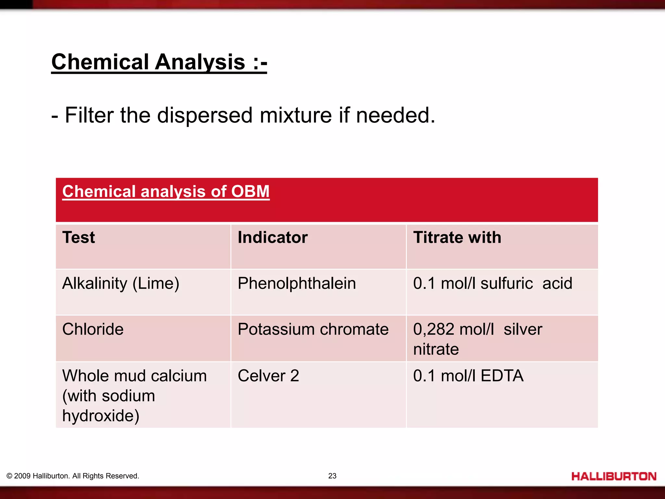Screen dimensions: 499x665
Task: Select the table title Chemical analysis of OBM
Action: (x=166, y=191)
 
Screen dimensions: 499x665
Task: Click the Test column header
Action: (x=79, y=237)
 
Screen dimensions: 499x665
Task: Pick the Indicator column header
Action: (x=272, y=237)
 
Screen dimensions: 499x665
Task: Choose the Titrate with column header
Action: (x=457, y=237)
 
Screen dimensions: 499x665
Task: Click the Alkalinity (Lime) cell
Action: (x=120, y=283)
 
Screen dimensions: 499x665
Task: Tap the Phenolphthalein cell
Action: (x=296, y=283)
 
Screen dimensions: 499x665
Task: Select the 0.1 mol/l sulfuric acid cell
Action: (x=492, y=283)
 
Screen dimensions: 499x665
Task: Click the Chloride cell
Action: (x=93, y=329)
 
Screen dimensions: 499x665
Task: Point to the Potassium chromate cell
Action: (x=313, y=329)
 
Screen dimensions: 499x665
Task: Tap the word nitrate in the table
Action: (x=436, y=349)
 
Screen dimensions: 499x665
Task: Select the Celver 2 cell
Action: (x=268, y=376)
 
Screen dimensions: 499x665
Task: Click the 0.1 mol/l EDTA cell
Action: (x=468, y=376)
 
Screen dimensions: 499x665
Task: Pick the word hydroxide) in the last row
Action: (x=101, y=416)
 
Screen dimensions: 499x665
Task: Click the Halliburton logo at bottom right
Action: (x=614, y=476)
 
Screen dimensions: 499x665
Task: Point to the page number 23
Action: (x=332, y=476)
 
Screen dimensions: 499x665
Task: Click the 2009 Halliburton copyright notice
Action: (x=73, y=476)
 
